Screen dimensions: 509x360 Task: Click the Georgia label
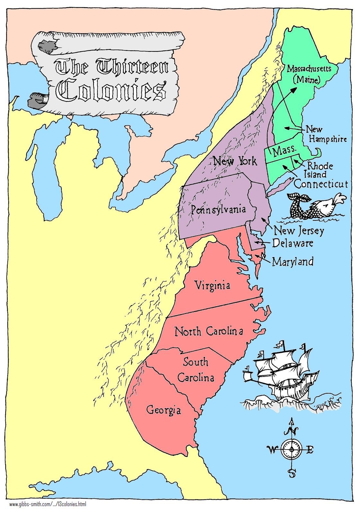coord(164,410)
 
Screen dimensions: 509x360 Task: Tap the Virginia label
coord(213,285)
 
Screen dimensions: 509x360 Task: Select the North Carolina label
coord(209,331)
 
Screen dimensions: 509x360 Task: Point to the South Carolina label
coord(196,370)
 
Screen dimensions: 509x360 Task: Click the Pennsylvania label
coord(218,210)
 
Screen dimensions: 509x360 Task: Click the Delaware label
coord(292,243)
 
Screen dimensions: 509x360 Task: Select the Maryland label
coord(292,261)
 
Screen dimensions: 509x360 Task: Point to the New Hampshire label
coord(326,134)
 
